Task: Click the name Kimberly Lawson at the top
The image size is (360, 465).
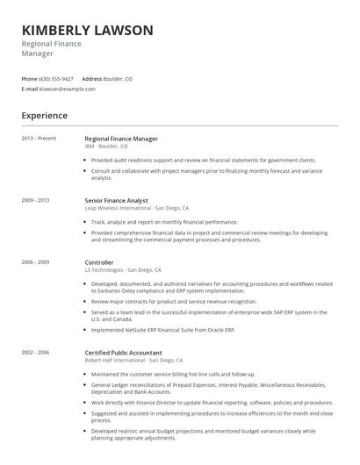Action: [x=87, y=30]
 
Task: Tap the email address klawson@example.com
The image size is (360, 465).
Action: [x=55, y=89]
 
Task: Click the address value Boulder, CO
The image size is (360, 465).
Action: [x=119, y=78]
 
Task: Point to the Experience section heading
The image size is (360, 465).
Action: [x=44, y=115]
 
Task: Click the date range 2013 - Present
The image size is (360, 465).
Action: [x=39, y=138]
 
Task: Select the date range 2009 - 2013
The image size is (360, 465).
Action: [x=35, y=200]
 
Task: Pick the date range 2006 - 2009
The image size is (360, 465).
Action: [x=35, y=261]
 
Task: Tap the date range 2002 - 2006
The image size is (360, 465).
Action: [x=35, y=326]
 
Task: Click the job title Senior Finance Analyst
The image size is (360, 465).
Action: [x=122, y=200]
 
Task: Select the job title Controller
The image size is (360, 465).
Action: [x=99, y=261]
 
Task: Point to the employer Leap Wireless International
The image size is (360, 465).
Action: [x=117, y=208]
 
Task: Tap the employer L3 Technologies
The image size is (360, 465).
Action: [x=104, y=269]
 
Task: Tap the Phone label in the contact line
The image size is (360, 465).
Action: [x=29, y=78]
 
